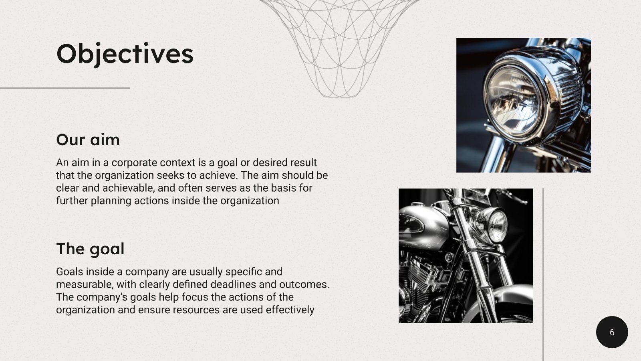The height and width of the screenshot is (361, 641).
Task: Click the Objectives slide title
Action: pos(125,54)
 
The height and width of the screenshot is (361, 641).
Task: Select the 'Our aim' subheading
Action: pos(88,140)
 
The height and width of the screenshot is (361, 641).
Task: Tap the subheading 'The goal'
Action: pos(90,249)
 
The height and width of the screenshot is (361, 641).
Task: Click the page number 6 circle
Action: pos(612,332)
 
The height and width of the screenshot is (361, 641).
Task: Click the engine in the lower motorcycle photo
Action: pos(421,281)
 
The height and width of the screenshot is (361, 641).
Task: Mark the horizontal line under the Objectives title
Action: pos(65,88)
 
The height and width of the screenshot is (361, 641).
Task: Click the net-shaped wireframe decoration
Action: pos(339,44)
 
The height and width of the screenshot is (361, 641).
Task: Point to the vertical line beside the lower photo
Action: pos(543,273)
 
